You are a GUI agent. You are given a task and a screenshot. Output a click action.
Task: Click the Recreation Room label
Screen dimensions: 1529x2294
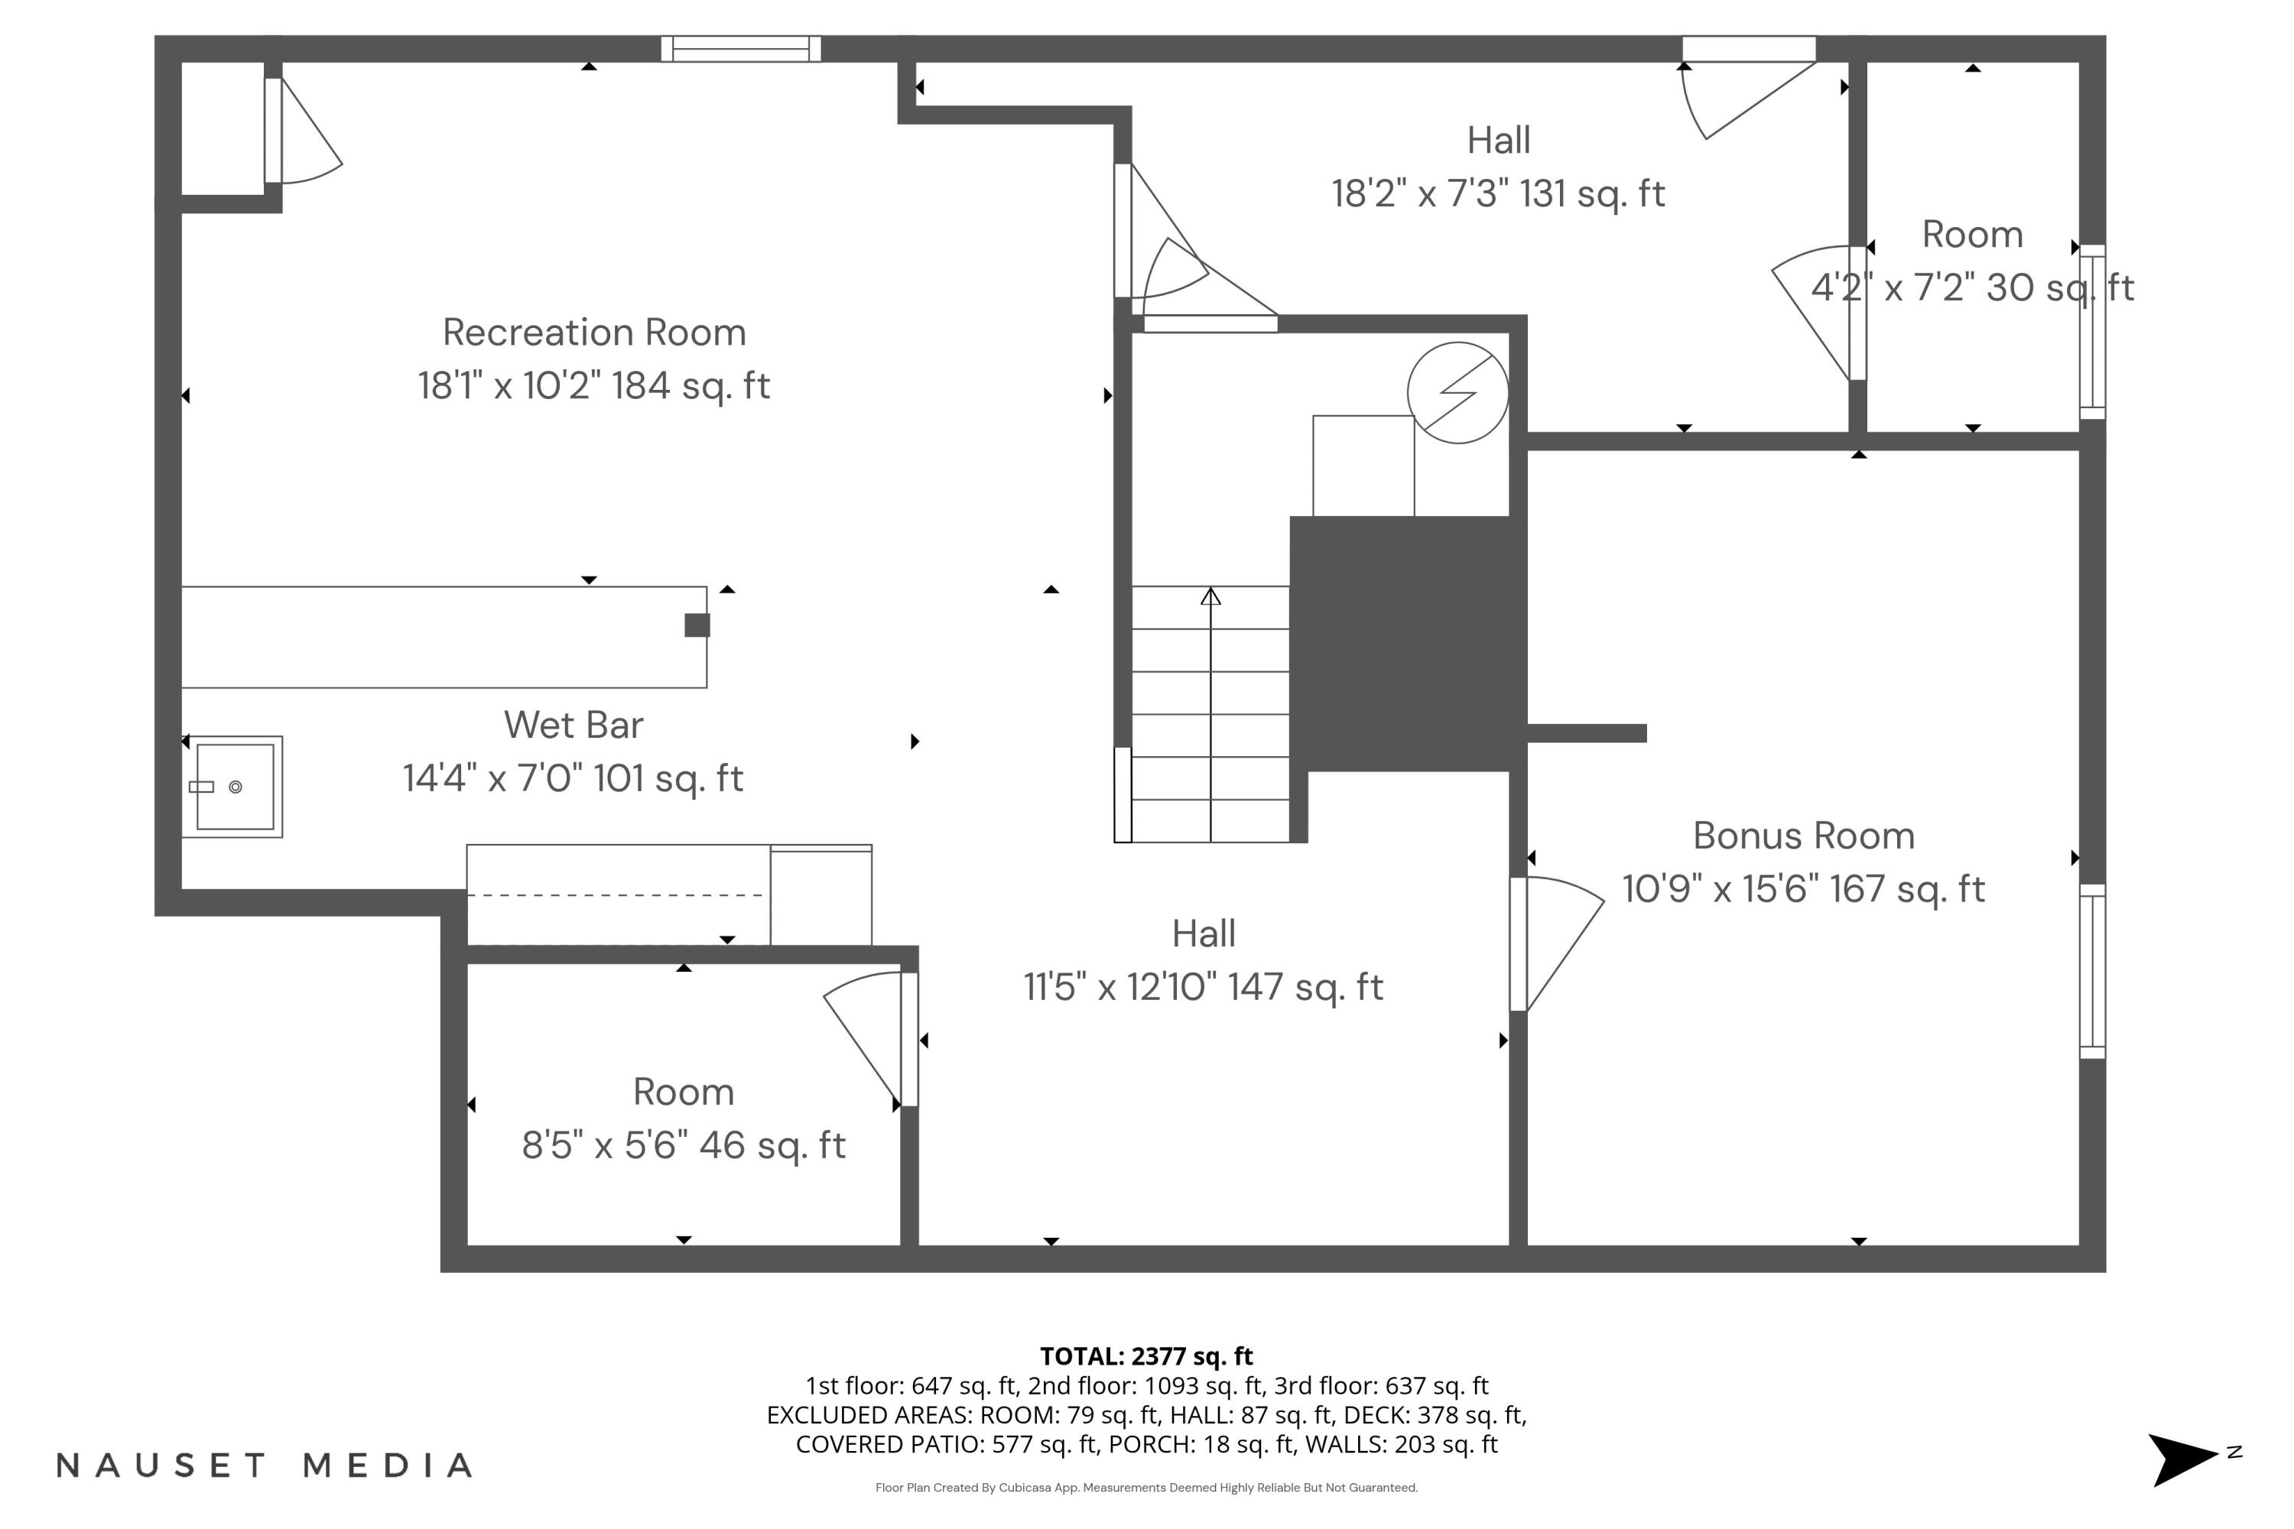(x=594, y=333)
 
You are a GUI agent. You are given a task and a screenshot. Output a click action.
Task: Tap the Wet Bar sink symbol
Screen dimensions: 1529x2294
(x=233, y=786)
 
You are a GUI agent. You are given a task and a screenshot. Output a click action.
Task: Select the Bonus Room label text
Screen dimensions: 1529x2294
(x=1802, y=836)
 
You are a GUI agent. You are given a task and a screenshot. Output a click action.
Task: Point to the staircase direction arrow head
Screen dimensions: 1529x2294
(x=1210, y=596)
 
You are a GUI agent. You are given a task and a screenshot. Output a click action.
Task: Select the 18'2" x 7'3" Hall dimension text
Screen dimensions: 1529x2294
(x=1497, y=193)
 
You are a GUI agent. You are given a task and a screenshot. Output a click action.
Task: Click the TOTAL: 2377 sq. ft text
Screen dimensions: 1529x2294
(x=1146, y=1355)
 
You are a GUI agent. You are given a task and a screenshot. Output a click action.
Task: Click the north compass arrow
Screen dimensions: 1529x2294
(x=2181, y=1459)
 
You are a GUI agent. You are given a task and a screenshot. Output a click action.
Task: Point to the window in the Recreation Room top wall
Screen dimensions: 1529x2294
(x=740, y=49)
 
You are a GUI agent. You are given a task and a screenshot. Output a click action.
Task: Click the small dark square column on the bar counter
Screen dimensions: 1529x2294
(x=697, y=625)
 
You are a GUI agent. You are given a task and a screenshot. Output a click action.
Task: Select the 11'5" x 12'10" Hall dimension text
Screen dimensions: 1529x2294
(x=1203, y=987)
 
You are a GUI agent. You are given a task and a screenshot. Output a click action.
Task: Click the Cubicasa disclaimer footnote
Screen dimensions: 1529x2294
(x=1146, y=1487)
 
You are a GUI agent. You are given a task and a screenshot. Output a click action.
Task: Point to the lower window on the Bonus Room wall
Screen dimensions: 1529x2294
(x=2092, y=970)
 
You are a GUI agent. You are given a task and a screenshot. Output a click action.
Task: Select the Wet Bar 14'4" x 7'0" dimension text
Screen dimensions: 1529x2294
(x=573, y=778)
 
